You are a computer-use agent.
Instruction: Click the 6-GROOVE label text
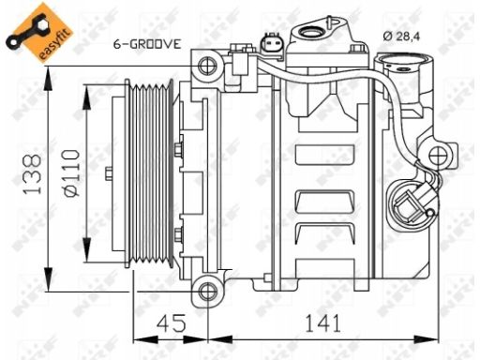147,44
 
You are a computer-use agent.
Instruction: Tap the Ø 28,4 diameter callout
401,37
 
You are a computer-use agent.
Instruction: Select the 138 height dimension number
32,174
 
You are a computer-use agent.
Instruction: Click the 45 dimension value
171,323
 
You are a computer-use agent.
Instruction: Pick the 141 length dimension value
322,323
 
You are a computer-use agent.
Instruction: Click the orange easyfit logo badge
39,33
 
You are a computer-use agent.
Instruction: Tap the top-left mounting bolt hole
207,67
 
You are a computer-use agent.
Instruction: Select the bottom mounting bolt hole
207,292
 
